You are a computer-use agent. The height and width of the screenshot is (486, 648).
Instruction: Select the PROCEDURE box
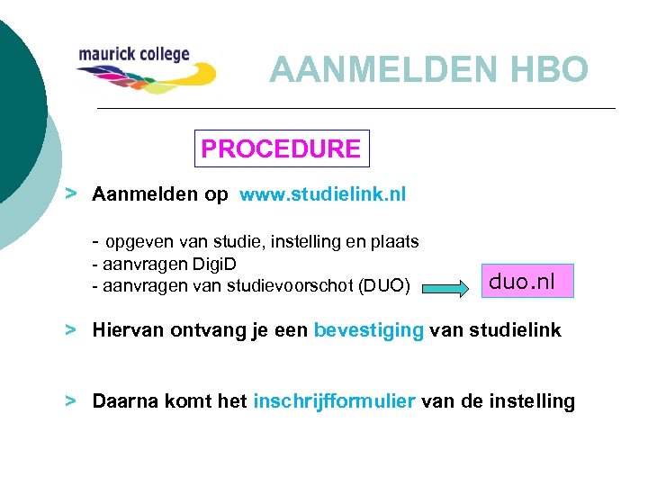pos(282,148)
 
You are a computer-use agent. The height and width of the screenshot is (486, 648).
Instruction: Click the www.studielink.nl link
pos(322,194)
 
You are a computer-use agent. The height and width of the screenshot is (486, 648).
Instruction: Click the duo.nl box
pos(522,282)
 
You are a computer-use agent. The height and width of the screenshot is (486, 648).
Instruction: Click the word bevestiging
pos(368,330)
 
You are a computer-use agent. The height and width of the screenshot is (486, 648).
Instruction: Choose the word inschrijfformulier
pos(334,401)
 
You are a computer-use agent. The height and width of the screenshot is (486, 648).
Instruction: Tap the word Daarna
pos(123,401)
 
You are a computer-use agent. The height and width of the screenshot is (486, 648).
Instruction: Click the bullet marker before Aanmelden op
pos(70,193)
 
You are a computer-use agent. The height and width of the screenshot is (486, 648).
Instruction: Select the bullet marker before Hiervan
pos(70,329)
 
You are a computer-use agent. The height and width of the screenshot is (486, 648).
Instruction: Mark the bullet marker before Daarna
pos(70,400)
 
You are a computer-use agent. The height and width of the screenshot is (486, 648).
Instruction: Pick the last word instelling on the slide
pos(530,401)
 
